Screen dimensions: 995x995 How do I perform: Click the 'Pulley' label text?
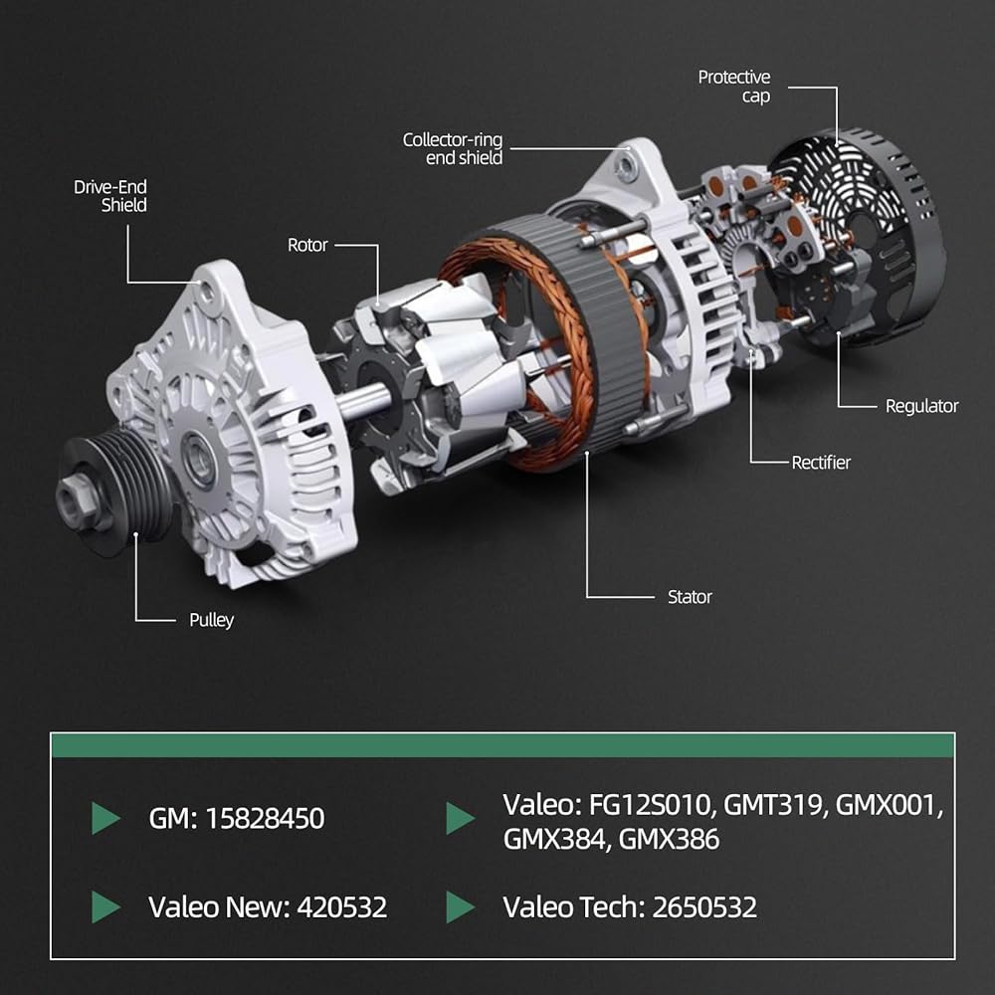pyautogui.click(x=211, y=620)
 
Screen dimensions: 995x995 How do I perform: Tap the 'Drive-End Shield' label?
pyautogui.click(x=110, y=195)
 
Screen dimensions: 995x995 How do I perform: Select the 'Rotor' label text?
pyautogui.click(x=307, y=245)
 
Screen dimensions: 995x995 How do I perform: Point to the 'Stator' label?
pyautogui.click(x=690, y=596)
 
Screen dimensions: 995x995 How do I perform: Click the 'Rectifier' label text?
pyautogui.click(x=821, y=462)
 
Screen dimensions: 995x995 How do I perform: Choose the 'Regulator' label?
pyautogui.click(x=922, y=406)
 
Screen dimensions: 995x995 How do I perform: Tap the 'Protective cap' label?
pyautogui.click(x=734, y=87)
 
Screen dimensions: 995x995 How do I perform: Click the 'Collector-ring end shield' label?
pyautogui.click(x=453, y=148)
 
